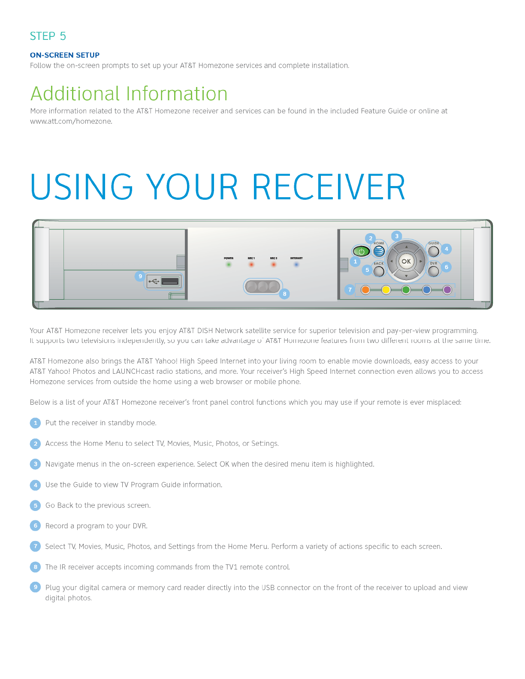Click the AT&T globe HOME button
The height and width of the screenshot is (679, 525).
(x=379, y=252)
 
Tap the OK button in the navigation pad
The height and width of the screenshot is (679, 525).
(x=406, y=261)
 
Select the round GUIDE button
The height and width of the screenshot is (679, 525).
(x=434, y=251)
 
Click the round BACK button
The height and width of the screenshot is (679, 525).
(x=379, y=271)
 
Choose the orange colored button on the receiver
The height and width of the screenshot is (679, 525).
(x=365, y=290)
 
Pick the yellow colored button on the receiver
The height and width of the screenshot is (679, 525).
(x=386, y=290)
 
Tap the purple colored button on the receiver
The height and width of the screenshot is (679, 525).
(x=447, y=290)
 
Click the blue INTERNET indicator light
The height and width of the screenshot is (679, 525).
(x=296, y=264)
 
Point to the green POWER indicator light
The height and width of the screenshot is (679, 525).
(x=229, y=264)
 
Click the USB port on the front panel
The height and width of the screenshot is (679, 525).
(x=170, y=282)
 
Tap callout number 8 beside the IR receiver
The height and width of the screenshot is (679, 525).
(x=284, y=294)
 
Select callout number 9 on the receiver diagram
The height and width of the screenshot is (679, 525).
(x=140, y=276)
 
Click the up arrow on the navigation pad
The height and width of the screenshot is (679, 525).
(x=406, y=247)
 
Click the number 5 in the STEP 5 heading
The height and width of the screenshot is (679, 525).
(x=63, y=36)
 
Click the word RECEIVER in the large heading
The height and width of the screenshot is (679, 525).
(x=329, y=187)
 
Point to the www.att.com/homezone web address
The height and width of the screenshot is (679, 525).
(x=71, y=121)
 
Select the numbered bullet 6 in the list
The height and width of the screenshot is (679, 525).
(x=36, y=526)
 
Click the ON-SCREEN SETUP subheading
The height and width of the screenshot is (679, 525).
(x=65, y=55)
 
